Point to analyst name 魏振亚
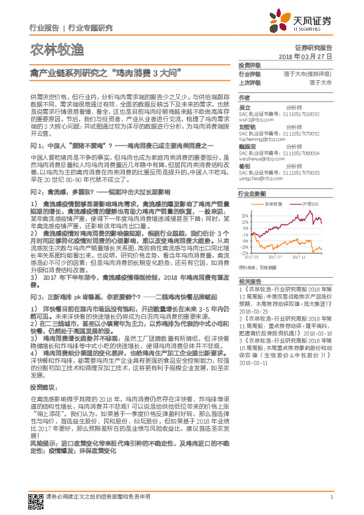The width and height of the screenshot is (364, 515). [246, 147]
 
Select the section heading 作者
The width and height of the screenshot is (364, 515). [244, 97]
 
